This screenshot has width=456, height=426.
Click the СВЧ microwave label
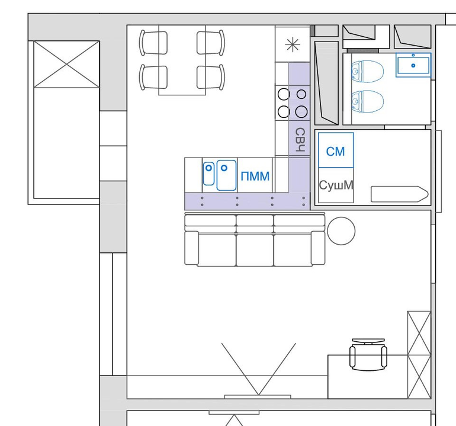(x=300, y=140)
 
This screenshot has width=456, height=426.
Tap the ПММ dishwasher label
(x=255, y=177)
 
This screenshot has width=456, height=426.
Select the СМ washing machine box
(x=336, y=150)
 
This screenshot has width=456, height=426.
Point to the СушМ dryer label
(x=336, y=185)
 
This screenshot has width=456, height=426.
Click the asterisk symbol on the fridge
(x=293, y=45)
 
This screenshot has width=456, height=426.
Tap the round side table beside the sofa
(x=341, y=230)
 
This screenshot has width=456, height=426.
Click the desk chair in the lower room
(x=368, y=354)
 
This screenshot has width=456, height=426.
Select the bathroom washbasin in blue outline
(x=413, y=65)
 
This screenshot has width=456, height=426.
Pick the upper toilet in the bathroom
(x=368, y=71)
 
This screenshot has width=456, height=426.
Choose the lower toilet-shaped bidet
(x=368, y=101)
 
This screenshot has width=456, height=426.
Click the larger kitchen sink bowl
(x=227, y=175)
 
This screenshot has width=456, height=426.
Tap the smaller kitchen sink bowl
(x=208, y=174)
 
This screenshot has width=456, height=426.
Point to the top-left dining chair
(x=153, y=43)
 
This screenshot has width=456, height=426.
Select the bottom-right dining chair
(x=211, y=78)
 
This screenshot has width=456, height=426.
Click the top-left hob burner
(x=284, y=94)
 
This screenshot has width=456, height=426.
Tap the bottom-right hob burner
(x=301, y=112)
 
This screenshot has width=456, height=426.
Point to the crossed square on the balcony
(x=66, y=65)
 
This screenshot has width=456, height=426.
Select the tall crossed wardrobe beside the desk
(x=419, y=355)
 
